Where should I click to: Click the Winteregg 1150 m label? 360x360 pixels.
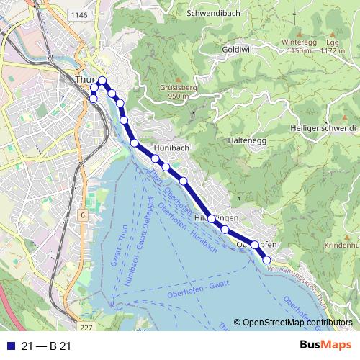(300, 47)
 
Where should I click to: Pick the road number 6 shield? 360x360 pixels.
(83, 215)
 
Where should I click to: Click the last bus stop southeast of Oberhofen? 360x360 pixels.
(266, 260)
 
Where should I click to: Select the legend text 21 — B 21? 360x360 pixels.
(47, 346)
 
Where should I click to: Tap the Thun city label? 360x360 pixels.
(83, 81)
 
